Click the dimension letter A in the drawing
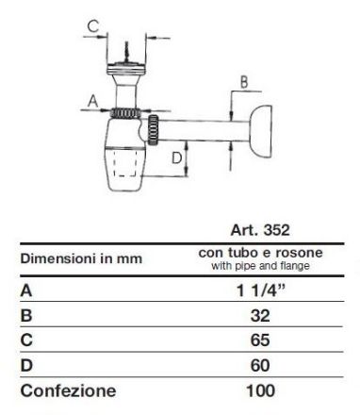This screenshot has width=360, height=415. pos(93,102)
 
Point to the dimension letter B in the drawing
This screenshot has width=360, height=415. pos(244,82)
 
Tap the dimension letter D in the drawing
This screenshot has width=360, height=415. pos(177,158)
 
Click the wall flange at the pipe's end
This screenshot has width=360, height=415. pos(260,132)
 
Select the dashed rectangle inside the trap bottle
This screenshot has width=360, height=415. pos(125,163)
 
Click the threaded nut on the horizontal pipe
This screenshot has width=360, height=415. pos(153,130)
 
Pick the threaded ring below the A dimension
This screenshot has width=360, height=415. pos(125,113)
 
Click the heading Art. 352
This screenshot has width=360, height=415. pos(260,230)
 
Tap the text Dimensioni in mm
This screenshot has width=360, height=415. pos(81,258)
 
